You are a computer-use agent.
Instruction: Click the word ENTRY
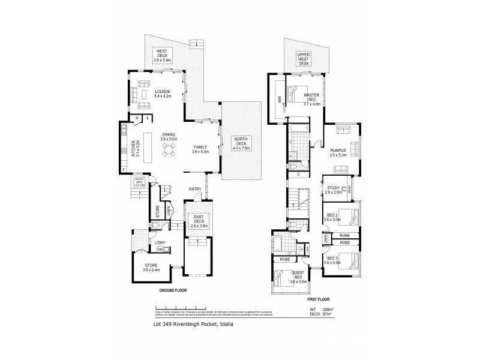coord(195,190)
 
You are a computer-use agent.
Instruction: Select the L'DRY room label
coord(160,242)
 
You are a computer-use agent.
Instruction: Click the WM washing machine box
coord(160,250)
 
